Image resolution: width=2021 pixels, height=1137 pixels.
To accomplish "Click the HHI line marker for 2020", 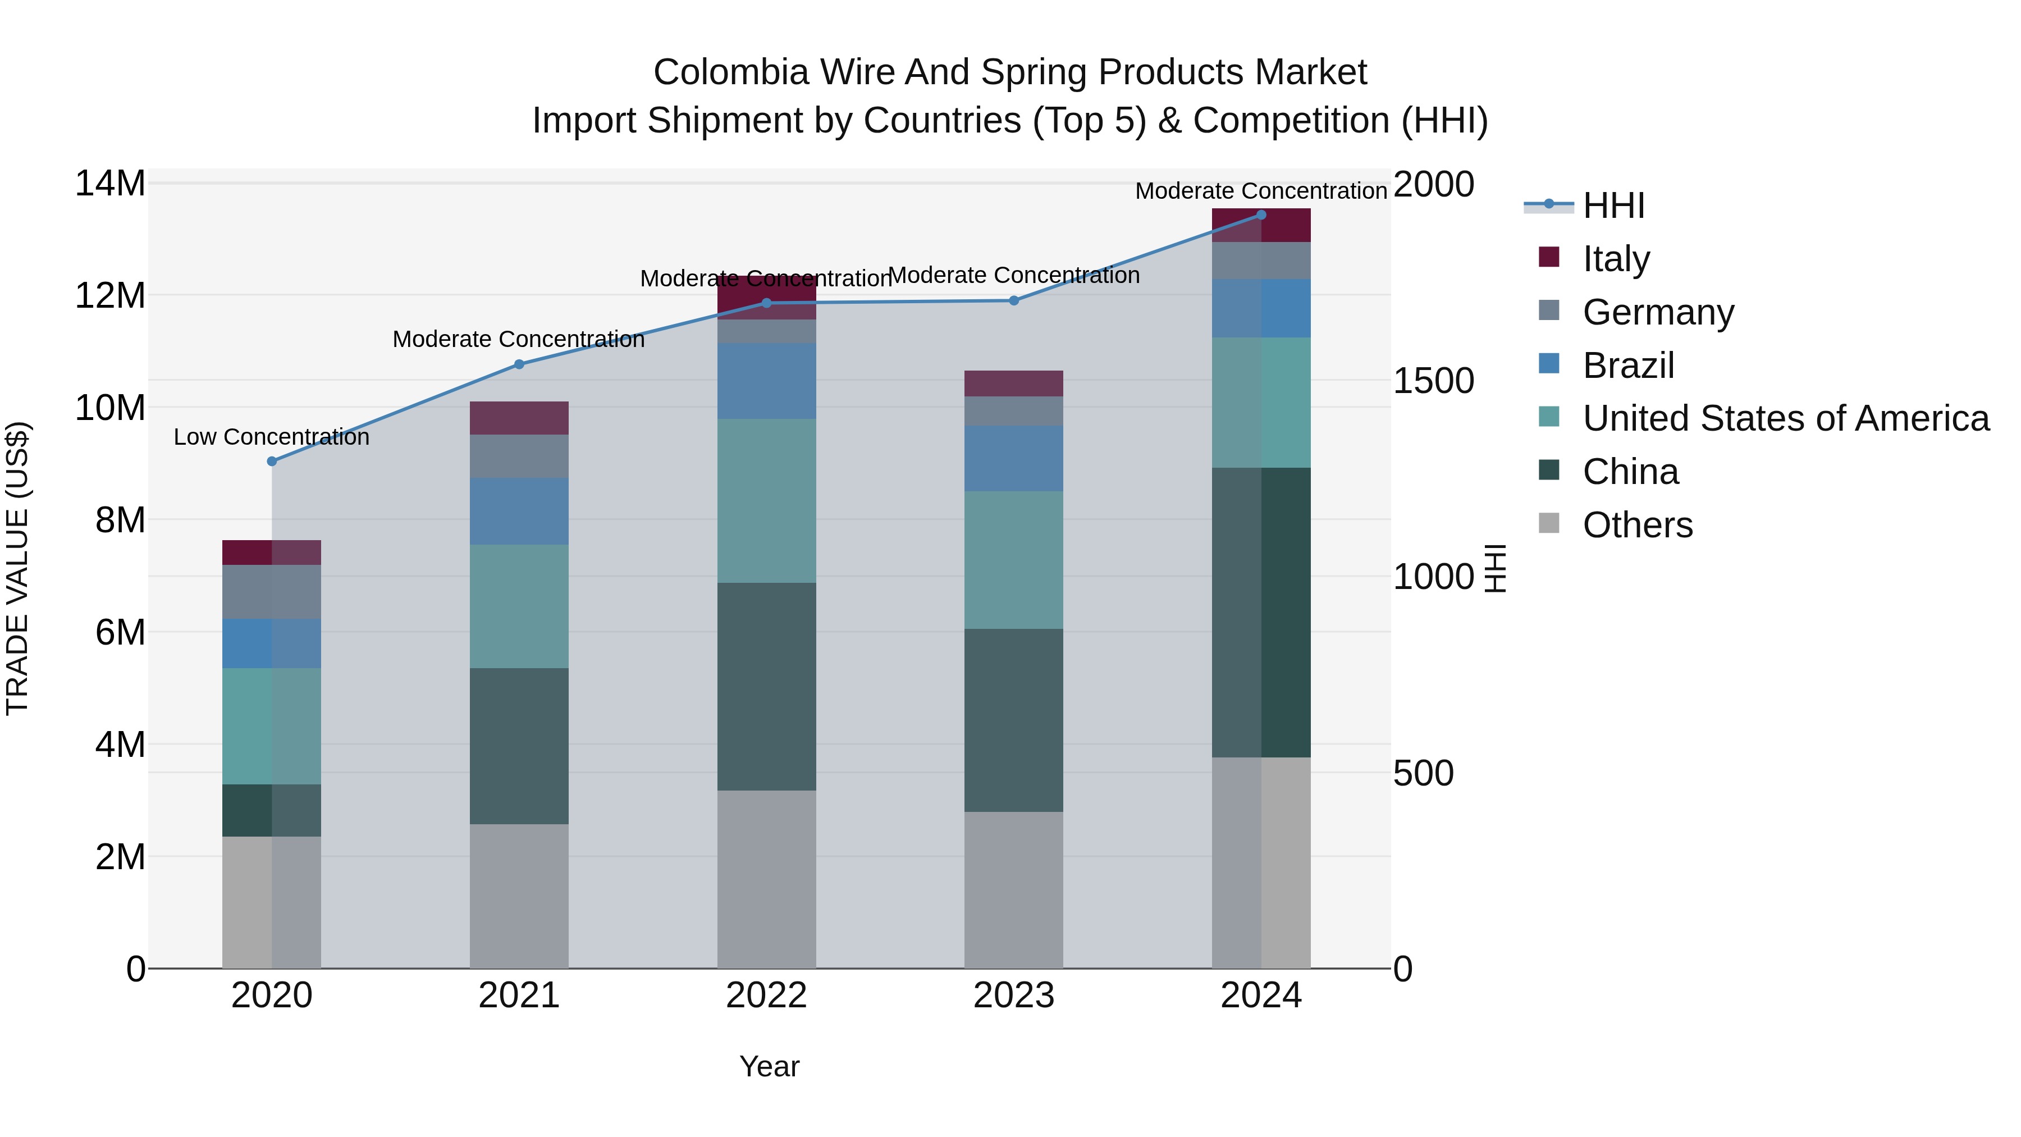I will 272,462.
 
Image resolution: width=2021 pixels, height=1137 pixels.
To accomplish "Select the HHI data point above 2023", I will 1014,300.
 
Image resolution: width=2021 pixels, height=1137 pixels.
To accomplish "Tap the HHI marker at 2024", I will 1261,215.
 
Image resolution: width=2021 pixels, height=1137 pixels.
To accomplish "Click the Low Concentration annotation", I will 272,437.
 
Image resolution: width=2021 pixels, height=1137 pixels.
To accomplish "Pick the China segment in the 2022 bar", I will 766,687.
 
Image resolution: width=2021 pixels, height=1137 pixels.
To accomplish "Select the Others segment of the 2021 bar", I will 519,896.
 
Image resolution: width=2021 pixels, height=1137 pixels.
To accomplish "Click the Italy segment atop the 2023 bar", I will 1014,383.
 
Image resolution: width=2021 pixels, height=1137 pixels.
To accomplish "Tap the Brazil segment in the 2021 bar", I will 519,511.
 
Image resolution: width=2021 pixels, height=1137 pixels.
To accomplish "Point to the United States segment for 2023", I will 1014,560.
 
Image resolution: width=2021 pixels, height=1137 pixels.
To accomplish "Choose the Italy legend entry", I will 1616,258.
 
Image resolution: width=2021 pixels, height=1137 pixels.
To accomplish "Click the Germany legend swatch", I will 1549,310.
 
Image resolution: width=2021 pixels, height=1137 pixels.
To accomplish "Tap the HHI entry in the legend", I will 1613,206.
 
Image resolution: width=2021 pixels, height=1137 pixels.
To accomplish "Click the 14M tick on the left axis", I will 110,184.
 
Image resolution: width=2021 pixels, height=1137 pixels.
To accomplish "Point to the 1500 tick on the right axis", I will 1433,381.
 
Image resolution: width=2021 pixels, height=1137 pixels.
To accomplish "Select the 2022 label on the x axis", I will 766,996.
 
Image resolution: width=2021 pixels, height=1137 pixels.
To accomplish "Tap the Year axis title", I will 769,1066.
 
